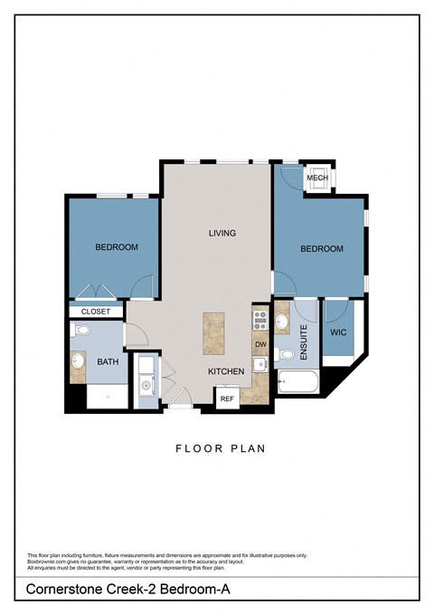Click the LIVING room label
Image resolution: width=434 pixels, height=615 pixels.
(x=222, y=233)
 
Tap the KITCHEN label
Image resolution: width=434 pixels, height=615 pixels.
(x=226, y=371)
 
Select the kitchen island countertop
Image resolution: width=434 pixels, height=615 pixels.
(x=213, y=332)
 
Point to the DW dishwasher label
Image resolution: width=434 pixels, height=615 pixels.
(x=260, y=344)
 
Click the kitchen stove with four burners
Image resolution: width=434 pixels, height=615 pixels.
(x=260, y=319)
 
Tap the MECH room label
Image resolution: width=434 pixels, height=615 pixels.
(x=316, y=178)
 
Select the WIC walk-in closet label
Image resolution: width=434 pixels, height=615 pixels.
(x=338, y=332)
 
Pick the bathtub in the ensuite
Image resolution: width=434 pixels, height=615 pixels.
(x=297, y=382)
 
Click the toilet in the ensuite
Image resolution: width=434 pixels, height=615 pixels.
(x=285, y=354)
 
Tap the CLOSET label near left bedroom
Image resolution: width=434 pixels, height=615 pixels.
(x=96, y=312)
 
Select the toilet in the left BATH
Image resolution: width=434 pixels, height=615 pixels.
(x=80, y=332)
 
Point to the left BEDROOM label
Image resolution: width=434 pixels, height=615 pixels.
(x=117, y=247)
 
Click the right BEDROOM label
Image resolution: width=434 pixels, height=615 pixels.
(x=322, y=249)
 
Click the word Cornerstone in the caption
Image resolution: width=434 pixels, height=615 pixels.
(x=61, y=591)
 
